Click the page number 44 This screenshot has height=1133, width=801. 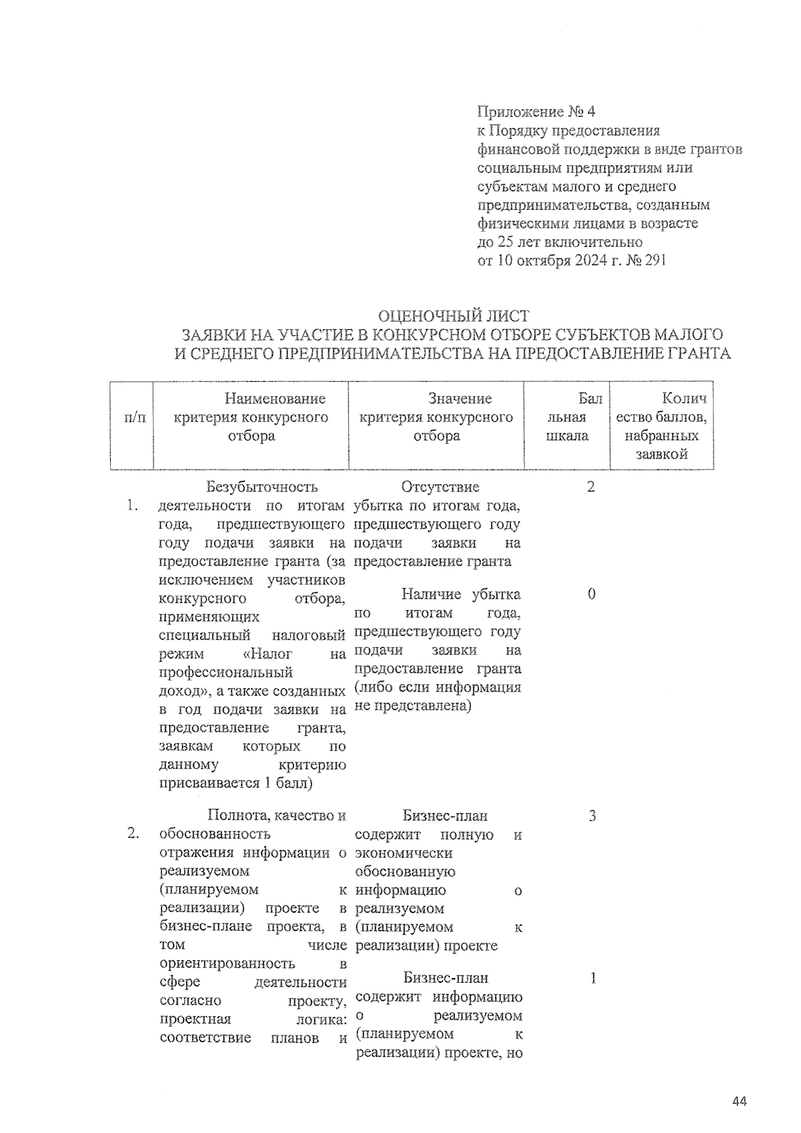[x=739, y=1101]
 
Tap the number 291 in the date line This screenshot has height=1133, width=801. [x=655, y=260]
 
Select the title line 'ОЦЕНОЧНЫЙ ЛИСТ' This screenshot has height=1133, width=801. [x=453, y=316]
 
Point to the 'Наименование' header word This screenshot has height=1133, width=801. [x=275, y=399]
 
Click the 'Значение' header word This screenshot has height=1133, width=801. [x=460, y=399]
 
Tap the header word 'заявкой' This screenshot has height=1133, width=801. [x=661, y=455]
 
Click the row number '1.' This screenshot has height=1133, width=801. [x=133, y=505]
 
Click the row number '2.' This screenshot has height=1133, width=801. [x=133, y=833]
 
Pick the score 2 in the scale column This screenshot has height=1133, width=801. [x=591, y=487]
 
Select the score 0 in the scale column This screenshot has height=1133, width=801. [x=591, y=594]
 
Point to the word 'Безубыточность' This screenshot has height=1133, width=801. [x=262, y=487]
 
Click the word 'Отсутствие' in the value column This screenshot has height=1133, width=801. [x=440, y=487]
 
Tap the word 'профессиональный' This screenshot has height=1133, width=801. [x=226, y=672]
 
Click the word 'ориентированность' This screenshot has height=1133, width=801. [x=228, y=963]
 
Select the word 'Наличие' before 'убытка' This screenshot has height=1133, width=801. [x=431, y=594]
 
